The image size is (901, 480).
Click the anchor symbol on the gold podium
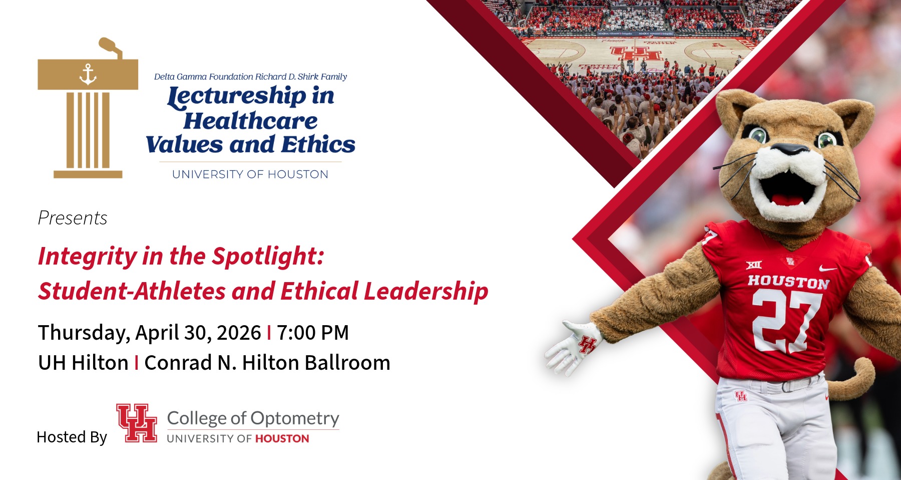(88, 74)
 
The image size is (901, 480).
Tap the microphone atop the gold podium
(111, 47)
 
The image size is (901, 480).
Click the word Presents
(73, 218)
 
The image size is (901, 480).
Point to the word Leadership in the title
(426, 291)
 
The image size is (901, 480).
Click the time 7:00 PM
(313, 333)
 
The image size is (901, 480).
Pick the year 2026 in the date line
(239, 333)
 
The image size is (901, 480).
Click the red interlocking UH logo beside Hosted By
(137, 423)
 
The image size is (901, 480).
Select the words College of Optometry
(253, 418)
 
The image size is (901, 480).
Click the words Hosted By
(72, 437)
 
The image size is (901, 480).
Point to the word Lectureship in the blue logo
(237, 96)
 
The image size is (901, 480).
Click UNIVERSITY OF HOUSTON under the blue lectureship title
(250, 174)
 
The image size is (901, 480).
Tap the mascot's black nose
(789, 149)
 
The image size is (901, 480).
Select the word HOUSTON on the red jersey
(789, 282)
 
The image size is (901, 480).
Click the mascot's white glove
(573, 347)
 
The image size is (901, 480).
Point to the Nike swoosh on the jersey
(827, 269)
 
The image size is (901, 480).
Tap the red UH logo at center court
(635, 53)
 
